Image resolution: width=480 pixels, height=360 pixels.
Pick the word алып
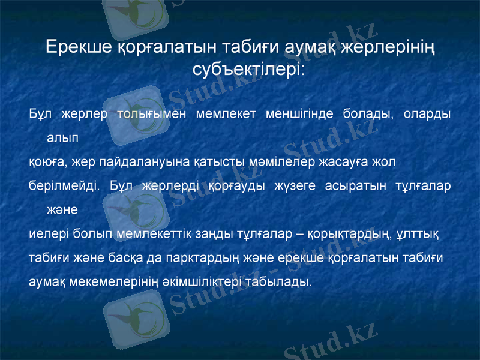(62, 137)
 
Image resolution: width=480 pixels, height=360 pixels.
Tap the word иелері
(46, 233)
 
